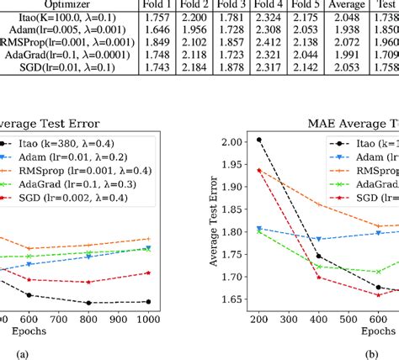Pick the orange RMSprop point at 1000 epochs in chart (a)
[x=148, y=239]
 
